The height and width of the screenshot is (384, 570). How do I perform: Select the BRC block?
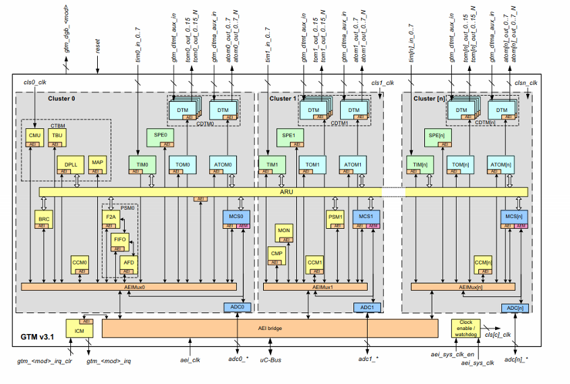(43, 219)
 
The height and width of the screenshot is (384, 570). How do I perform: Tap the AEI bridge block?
(270, 328)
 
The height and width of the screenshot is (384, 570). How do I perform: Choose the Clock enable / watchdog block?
(466, 328)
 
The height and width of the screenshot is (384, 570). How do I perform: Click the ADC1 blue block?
(368, 308)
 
